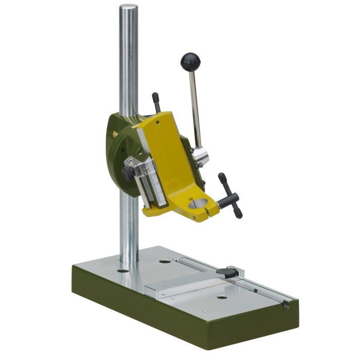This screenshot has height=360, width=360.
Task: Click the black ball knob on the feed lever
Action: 190,62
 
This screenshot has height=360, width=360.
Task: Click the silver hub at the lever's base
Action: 200,154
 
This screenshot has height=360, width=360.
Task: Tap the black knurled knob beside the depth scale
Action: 128,173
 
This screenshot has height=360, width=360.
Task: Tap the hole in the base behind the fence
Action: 165,261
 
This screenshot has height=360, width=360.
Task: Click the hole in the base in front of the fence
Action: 222,297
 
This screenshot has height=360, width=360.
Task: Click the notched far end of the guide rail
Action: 285,304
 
